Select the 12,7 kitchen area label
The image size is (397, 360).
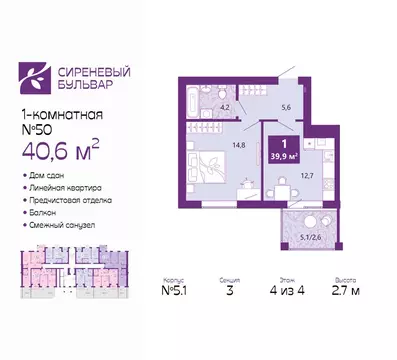click(x=308, y=176)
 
